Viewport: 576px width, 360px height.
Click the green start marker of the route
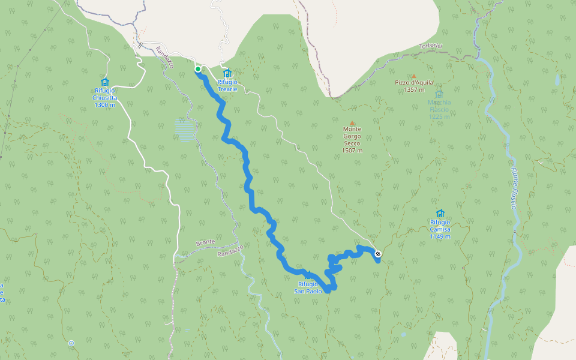pyautogui.click(x=198, y=69)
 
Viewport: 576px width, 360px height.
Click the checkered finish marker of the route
pyautogui.click(x=377, y=254)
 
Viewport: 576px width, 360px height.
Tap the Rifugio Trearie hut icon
pyautogui.click(x=227, y=73)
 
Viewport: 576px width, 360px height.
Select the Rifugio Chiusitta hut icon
pyautogui.click(x=104, y=82)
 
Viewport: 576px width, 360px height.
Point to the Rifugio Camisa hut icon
pyautogui.click(x=440, y=214)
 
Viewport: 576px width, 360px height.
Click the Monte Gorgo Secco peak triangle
pyautogui.click(x=352, y=123)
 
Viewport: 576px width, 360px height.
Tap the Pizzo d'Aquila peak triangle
pyautogui.click(x=413, y=76)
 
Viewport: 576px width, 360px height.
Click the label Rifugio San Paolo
pyautogui.click(x=312, y=287)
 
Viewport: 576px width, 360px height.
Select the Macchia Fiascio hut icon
pyautogui.click(x=439, y=94)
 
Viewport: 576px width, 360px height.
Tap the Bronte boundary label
pyautogui.click(x=205, y=242)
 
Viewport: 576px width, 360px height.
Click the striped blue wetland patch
pyautogui.click(x=184, y=130)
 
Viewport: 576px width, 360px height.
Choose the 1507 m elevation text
pyautogui.click(x=352, y=150)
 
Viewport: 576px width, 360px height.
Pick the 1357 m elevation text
pyautogui.click(x=414, y=90)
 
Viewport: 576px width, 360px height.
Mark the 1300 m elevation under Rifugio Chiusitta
pyautogui.click(x=104, y=105)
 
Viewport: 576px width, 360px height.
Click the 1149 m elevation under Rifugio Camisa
pyautogui.click(x=440, y=236)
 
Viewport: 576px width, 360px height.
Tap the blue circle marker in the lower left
pyautogui.click(x=71, y=343)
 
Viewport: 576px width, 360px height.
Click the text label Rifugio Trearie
pyautogui.click(x=227, y=86)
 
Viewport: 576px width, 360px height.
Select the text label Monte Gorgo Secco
pyautogui.click(x=352, y=136)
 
